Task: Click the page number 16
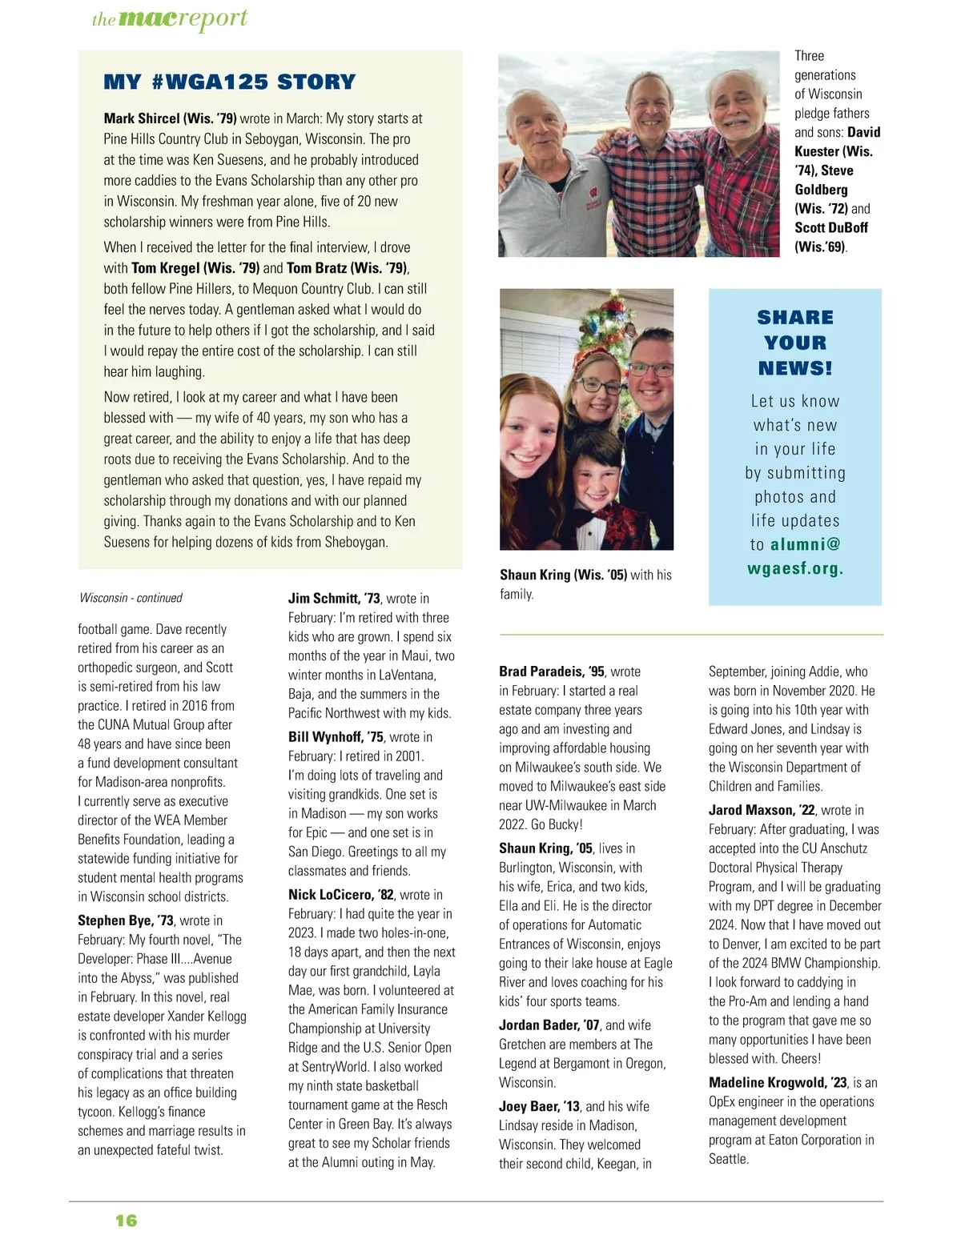click(x=127, y=1221)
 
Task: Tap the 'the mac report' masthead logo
click(x=170, y=19)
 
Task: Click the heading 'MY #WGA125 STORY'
click(x=230, y=82)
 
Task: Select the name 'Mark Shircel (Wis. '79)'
click(x=170, y=118)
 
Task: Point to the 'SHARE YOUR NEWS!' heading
click(x=795, y=343)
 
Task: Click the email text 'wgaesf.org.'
click(x=795, y=569)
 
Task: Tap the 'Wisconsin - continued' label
click(x=131, y=598)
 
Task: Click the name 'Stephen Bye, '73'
click(x=126, y=920)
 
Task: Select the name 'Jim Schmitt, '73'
click(x=334, y=598)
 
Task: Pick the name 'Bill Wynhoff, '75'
click(x=336, y=736)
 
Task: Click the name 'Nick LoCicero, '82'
click(x=340, y=895)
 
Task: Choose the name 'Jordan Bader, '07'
click(x=549, y=1025)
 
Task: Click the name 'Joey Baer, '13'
click(x=539, y=1106)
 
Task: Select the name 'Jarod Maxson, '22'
click(x=762, y=810)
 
